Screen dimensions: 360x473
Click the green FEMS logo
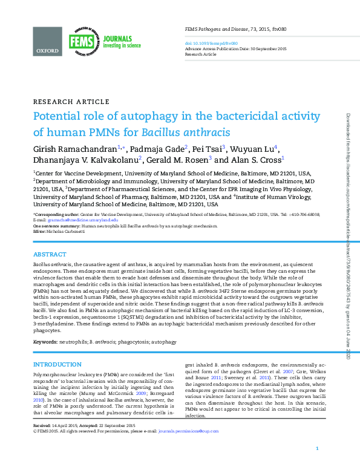[x=81, y=42]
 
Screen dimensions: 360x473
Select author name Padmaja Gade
[x=159, y=149]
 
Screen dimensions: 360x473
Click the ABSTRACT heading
[x=50, y=255]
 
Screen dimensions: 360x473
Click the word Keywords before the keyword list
[x=45, y=342]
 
